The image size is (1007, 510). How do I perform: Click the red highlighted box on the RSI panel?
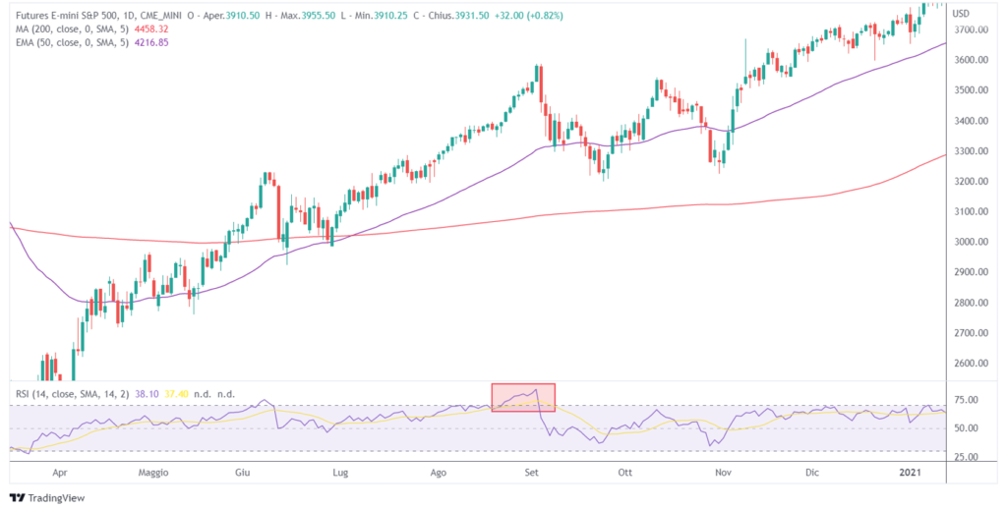tap(523, 397)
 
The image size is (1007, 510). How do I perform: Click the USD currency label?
tap(962, 13)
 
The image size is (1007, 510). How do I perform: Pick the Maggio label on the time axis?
tap(152, 473)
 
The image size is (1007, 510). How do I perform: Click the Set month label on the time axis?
tap(532, 473)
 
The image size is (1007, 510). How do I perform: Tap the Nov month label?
tap(724, 473)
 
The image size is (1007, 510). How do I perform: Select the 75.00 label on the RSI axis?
tap(968, 400)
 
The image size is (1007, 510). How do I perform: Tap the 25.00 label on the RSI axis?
tap(968, 458)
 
